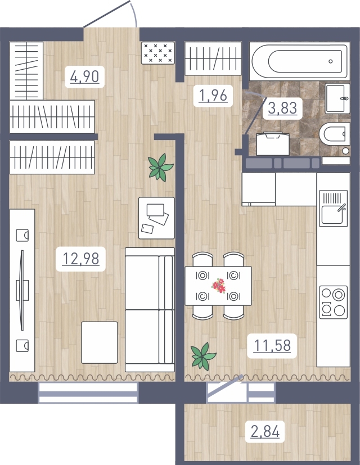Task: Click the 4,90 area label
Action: [84, 76]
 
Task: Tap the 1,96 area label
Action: [213, 96]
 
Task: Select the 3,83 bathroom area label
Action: [282, 108]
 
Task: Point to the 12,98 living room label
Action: [81, 259]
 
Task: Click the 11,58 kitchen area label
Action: [272, 346]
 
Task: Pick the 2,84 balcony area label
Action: [265, 431]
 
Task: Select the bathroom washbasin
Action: [337, 98]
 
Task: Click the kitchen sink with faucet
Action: [334, 208]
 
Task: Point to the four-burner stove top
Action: [334, 302]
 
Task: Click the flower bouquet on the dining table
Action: [218, 286]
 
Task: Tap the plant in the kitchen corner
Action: [203, 356]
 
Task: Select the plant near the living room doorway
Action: [160, 168]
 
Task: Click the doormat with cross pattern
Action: [158, 53]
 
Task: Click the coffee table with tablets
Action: [156, 218]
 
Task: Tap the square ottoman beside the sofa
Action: [100, 342]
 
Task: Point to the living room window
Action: [88, 393]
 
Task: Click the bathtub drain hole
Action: [331, 61]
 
